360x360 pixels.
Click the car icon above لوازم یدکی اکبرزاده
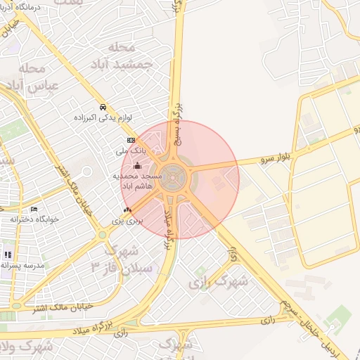103,108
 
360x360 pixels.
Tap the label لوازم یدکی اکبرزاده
103,117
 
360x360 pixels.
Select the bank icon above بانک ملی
131,141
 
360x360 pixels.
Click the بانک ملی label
131,150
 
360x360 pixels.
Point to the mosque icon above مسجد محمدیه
137,166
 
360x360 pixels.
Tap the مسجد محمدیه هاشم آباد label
137,180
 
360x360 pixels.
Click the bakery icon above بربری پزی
127,210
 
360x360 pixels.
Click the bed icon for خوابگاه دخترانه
34,209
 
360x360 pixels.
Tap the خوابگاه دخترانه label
34,219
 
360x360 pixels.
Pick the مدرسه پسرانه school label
22,265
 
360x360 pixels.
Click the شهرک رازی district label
219,283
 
